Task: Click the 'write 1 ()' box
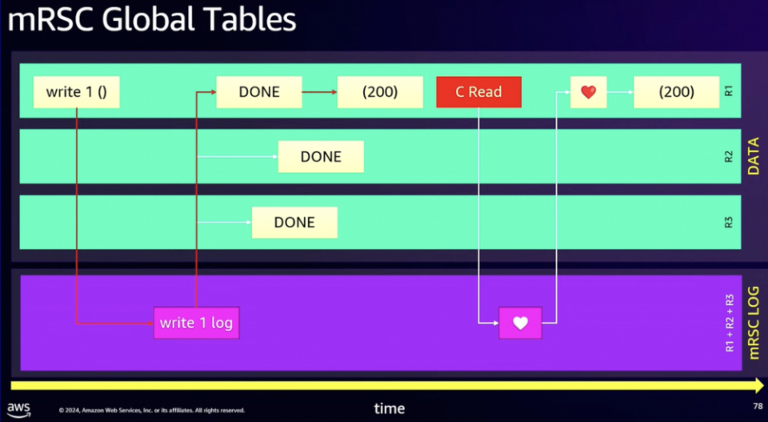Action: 77,92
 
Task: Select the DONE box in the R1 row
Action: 259,92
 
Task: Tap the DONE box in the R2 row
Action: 321,157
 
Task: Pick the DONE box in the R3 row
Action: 294,223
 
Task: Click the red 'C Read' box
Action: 478,92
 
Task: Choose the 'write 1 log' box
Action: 197,323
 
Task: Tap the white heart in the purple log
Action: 520,323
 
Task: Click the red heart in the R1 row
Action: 588,91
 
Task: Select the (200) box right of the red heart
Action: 677,92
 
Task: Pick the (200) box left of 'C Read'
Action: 380,92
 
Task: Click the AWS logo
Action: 18,410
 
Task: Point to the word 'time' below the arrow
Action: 390,408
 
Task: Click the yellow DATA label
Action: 754,156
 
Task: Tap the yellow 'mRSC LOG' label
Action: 754,323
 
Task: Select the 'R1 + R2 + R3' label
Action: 730,323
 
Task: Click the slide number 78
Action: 758,406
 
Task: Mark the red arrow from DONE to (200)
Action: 319,92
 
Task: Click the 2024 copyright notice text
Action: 151,410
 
